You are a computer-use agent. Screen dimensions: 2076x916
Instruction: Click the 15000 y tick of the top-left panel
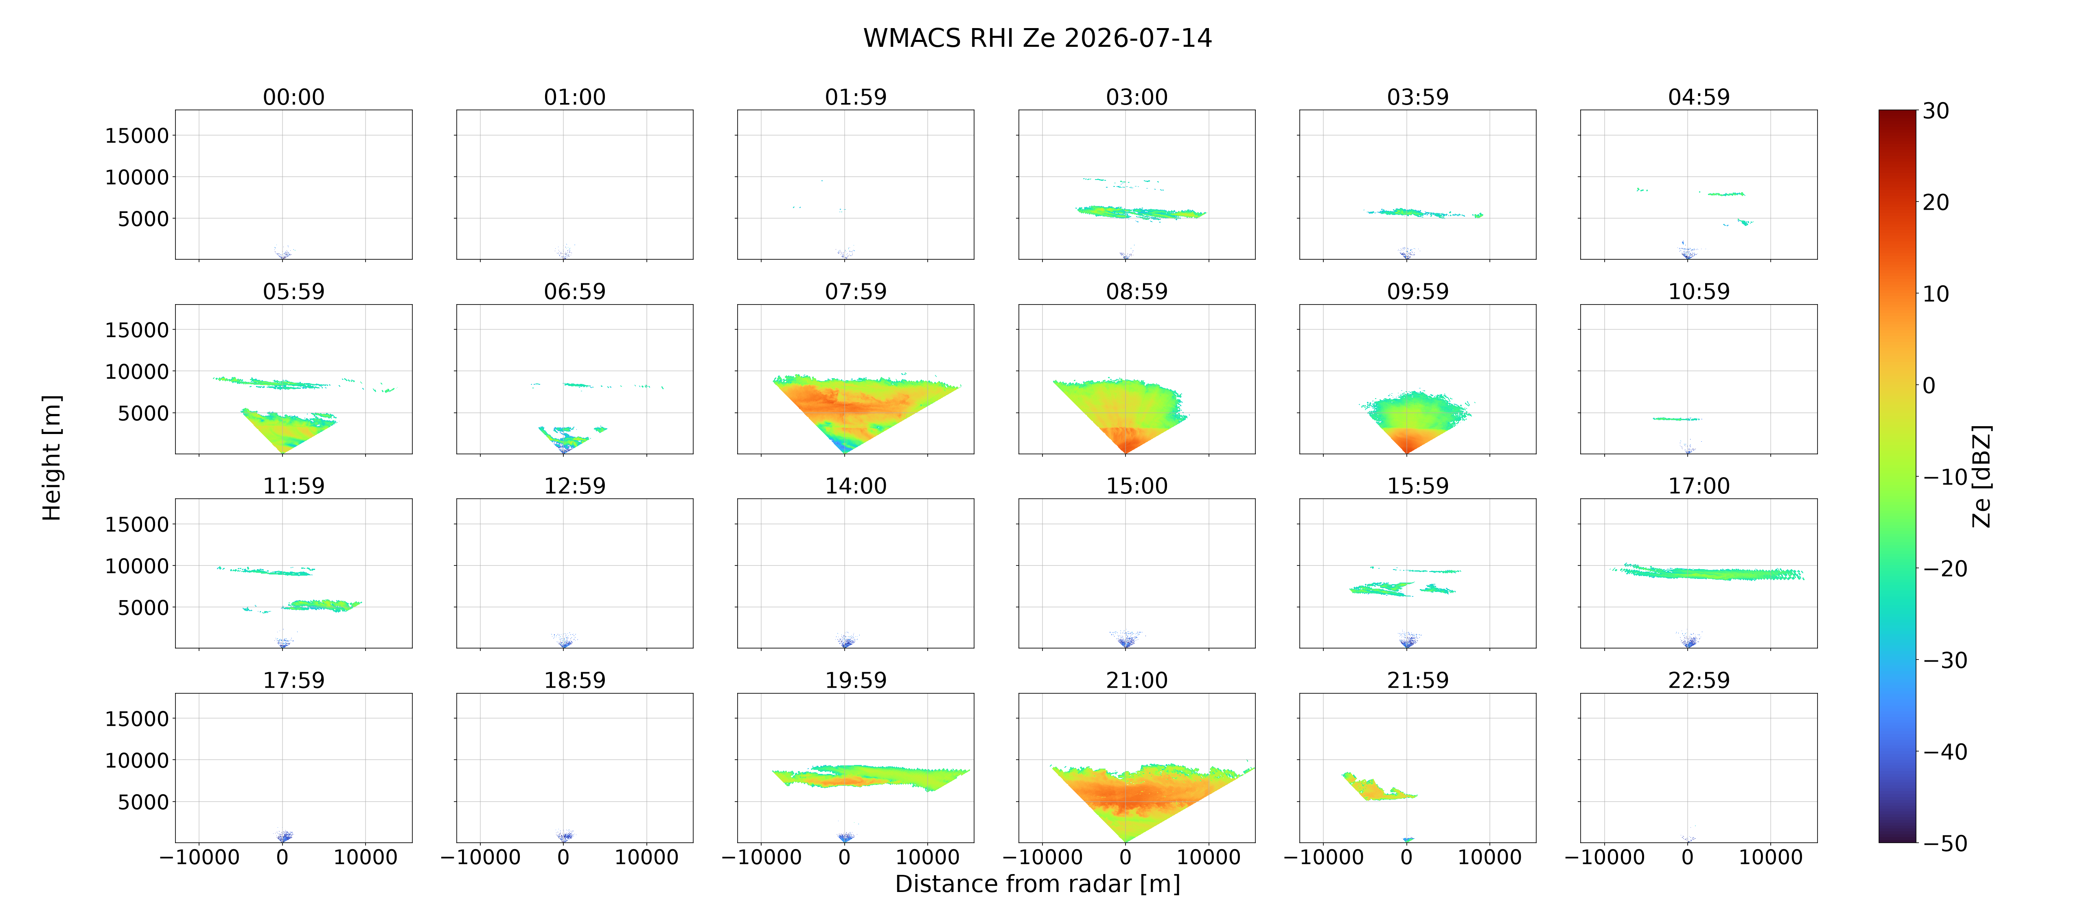coord(137,136)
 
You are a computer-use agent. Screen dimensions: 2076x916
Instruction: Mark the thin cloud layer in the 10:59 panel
coord(1676,419)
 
